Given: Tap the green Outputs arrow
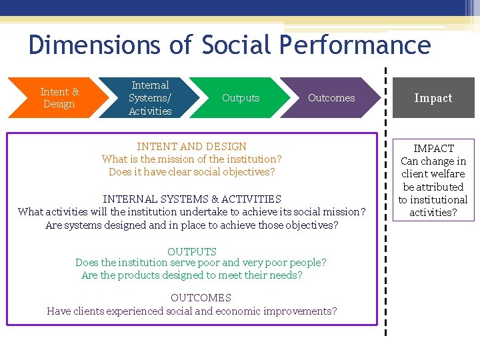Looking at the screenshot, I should click(240, 98).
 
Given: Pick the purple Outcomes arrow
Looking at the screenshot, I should click(331, 98).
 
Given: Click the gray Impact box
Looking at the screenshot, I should click(433, 98).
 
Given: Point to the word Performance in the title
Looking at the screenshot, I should click(355, 45).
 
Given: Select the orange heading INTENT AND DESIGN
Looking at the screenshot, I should click(191, 147).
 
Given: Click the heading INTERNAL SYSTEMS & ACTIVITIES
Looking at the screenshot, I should click(192, 199).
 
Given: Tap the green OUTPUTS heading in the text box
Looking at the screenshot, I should click(192, 251).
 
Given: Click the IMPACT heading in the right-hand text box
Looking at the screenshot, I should click(433, 149).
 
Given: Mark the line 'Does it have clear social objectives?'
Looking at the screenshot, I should click(192, 172).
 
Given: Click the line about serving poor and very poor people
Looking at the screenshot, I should click(201, 263).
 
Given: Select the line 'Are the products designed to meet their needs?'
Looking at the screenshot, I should click(192, 275).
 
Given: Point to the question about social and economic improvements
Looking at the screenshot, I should click(192, 311).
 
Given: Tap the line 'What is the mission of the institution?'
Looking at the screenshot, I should click(192, 159).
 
